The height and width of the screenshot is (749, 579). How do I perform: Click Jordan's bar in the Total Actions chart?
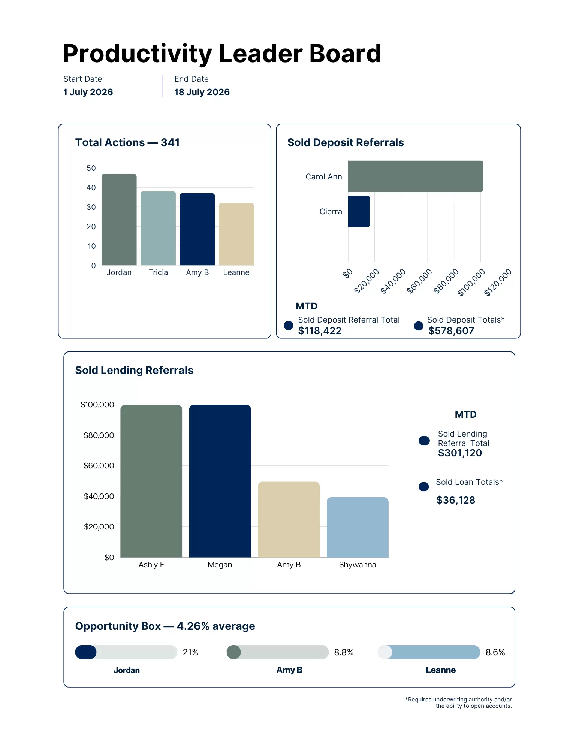coord(119,220)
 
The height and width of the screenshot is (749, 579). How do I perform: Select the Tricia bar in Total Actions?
coord(158,228)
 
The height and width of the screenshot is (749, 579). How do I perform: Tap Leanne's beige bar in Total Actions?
coord(236,234)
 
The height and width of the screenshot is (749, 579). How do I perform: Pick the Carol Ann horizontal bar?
coord(415,176)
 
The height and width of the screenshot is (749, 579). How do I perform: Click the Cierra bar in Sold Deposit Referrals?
coord(359,211)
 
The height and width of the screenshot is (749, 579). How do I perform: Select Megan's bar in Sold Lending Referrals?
coord(220,481)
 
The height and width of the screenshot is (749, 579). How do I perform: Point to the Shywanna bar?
coord(358,527)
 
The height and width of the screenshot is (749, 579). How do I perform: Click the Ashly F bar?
coord(151,481)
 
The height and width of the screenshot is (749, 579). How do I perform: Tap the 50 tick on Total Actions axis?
coord(91,168)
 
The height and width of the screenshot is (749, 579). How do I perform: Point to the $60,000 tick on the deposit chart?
coord(420,281)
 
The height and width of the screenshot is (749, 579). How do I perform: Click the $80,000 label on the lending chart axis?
coord(99,435)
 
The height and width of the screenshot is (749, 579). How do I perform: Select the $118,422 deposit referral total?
coord(320,331)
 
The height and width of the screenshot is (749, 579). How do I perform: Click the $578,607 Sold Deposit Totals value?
coord(451,331)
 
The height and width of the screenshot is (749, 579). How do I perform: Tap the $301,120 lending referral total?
coord(460,453)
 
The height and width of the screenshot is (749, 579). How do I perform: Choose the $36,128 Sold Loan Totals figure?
coord(456,500)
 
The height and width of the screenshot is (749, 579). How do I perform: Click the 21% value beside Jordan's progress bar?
coord(190,652)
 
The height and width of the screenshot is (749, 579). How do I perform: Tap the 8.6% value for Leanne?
coord(495,652)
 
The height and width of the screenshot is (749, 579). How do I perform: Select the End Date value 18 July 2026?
coord(202,92)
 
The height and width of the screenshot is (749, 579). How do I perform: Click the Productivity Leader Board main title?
coord(222,53)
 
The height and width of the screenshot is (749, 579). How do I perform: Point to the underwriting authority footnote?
coord(458,703)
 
